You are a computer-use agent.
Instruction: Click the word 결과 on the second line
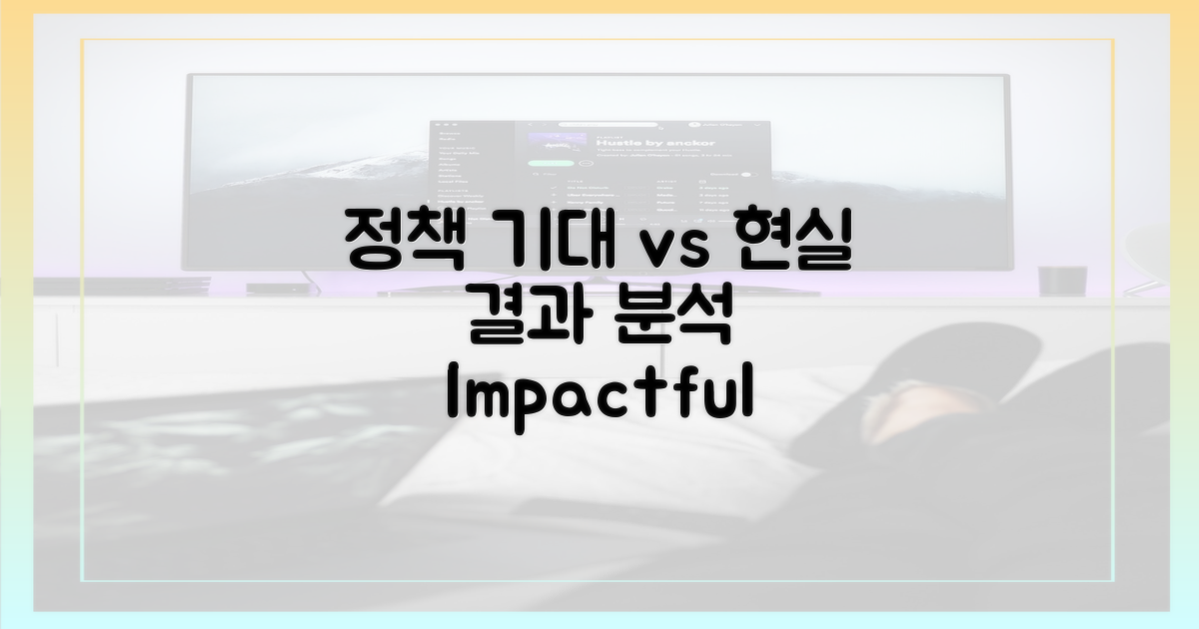pyautogui.click(x=531, y=318)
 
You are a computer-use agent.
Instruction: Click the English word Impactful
pyautogui.click(x=600, y=394)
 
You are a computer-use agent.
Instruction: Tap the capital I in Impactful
pyautogui.click(x=453, y=390)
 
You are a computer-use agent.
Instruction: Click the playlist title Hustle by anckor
pyautogui.click(x=655, y=143)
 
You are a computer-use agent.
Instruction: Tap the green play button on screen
pyautogui.click(x=551, y=163)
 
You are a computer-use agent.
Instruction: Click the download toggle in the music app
pyautogui.click(x=748, y=175)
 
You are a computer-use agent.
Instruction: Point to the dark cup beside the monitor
pyautogui.click(x=1062, y=281)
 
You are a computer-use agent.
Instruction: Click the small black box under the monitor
pyautogui.click(x=278, y=289)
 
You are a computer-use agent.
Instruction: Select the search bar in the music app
pyautogui.click(x=607, y=125)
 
